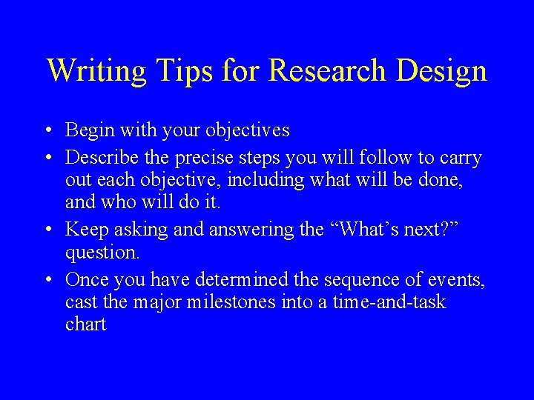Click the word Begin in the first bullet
[87, 131]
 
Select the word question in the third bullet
[101, 254]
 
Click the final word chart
[86, 324]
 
